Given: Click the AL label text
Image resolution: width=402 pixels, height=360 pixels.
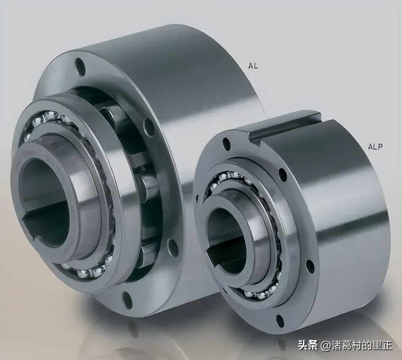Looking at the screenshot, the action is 253,66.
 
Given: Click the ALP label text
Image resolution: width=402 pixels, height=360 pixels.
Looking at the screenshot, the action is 375,147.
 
